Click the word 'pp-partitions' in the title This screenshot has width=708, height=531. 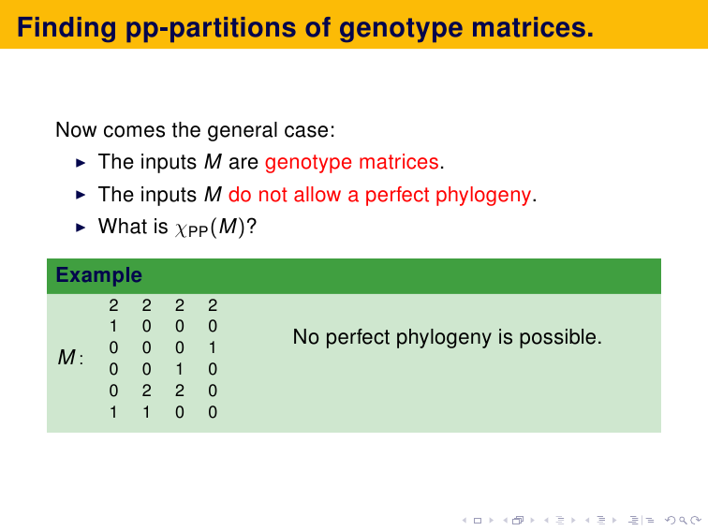click(212, 29)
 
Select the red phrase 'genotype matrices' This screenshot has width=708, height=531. click(352, 163)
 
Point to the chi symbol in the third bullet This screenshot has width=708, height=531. click(181, 229)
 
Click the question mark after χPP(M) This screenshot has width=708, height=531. click(252, 226)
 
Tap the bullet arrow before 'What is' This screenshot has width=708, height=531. click(81, 228)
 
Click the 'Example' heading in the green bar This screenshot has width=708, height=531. click(99, 275)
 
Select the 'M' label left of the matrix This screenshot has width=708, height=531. click(66, 358)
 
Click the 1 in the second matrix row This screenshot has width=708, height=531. click(113, 326)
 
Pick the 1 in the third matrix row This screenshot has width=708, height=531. click(213, 347)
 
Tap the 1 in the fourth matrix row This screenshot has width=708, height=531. click(179, 369)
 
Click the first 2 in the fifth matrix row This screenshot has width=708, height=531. click(146, 391)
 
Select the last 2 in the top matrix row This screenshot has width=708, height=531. click(213, 305)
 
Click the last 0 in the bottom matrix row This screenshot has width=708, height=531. click(213, 412)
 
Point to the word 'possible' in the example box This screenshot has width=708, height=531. click(560, 338)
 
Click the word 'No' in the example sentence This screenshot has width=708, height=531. click(306, 337)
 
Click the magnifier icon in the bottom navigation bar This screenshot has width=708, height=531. click(683, 521)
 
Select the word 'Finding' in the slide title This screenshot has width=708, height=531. click(66, 29)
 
